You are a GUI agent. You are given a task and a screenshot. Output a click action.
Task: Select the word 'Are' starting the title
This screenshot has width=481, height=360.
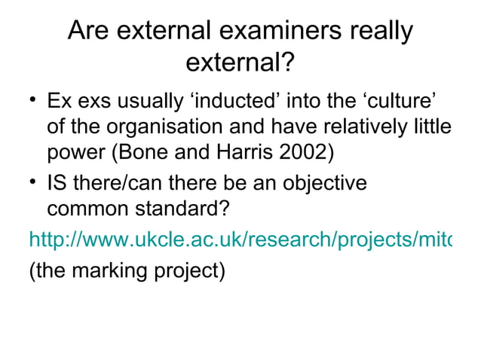89,32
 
